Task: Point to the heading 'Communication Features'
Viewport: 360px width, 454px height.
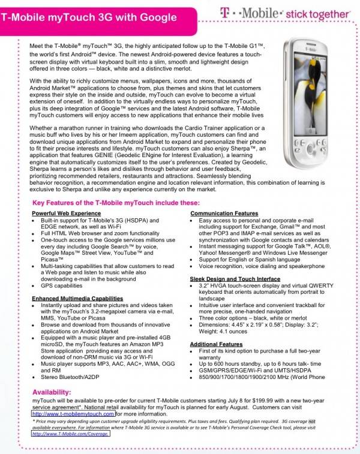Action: tap(224, 214)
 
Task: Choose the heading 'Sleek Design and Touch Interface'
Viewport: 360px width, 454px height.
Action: tap(235, 279)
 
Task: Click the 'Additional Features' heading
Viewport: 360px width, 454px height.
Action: tap(217, 344)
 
